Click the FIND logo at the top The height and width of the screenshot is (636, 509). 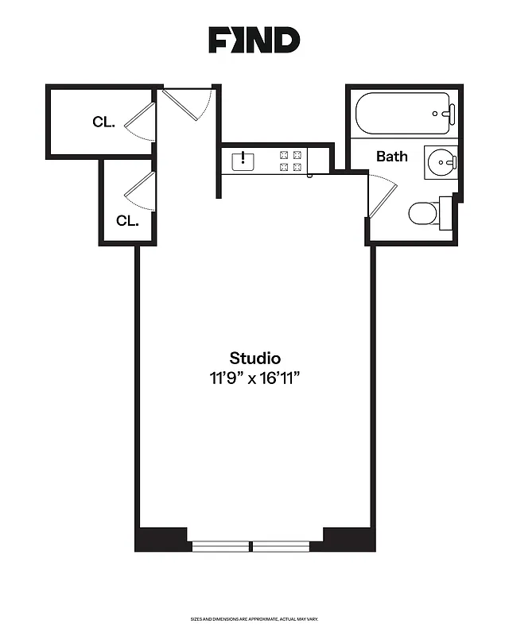254,40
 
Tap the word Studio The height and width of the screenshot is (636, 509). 254,358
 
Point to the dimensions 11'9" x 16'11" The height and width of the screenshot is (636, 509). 254,378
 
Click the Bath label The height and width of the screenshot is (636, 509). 391,156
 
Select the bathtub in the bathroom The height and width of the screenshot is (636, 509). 404,114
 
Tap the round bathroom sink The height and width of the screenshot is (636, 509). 440,163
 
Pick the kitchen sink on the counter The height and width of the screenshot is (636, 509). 243,161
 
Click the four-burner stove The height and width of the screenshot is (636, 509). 290,161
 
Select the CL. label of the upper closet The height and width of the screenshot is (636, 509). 103,122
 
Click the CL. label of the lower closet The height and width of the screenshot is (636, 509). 127,220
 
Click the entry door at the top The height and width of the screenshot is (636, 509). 187,103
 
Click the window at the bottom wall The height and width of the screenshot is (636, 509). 253,546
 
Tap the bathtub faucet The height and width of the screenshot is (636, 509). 449,114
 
